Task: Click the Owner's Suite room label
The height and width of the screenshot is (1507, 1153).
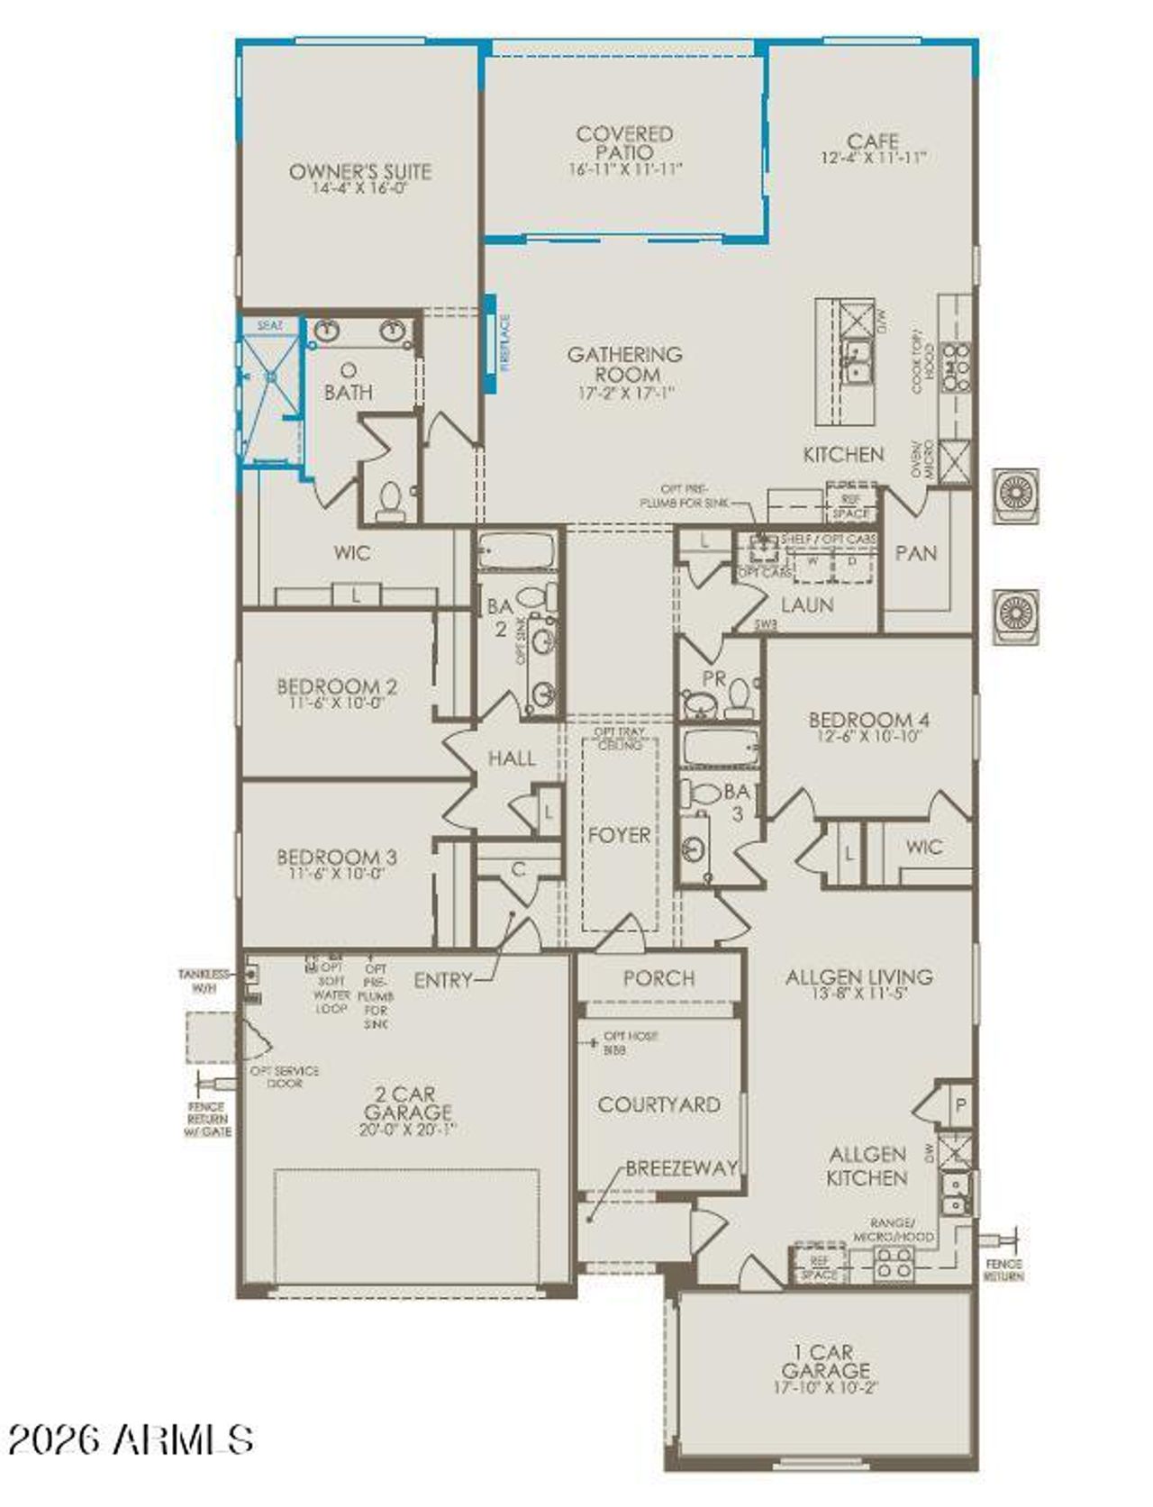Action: [359, 171]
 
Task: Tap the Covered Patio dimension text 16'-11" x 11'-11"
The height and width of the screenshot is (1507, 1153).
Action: [625, 169]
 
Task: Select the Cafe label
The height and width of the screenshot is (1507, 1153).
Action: [872, 141]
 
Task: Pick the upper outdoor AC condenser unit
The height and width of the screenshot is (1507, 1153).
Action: [1016, 495]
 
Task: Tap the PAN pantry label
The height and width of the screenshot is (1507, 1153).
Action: [916, 553]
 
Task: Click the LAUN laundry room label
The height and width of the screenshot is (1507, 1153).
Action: [806, 605]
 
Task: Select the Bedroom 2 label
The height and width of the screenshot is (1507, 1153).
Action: [337, 687]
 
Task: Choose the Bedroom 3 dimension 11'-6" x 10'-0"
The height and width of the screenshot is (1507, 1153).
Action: [337, 873]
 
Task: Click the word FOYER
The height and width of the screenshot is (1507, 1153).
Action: [619, 835]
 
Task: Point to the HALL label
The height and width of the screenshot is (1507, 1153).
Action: [511, 758]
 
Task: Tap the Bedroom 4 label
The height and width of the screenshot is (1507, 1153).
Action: [868, 720]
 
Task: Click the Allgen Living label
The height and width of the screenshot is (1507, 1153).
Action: [858, 976]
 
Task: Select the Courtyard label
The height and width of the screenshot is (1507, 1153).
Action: [658, 1104]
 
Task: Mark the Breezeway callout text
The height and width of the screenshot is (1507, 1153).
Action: [681, 1168]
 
